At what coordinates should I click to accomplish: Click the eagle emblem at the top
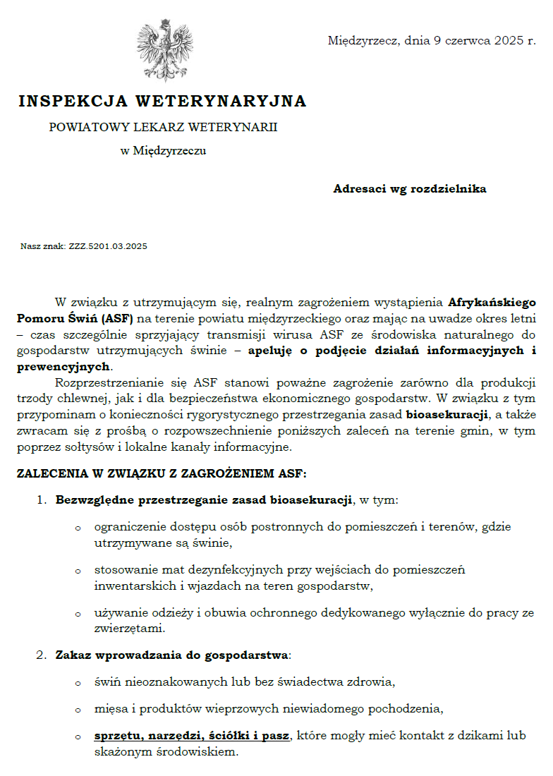164,51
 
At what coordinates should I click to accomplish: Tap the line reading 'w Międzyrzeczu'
163,150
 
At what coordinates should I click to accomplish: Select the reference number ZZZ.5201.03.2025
108,246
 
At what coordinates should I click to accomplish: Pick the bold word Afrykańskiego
492,303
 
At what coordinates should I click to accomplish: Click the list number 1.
41,501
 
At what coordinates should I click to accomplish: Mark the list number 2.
41,655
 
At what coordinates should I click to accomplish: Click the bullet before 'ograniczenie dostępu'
78,528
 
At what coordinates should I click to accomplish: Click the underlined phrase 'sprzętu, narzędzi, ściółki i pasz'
192,736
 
